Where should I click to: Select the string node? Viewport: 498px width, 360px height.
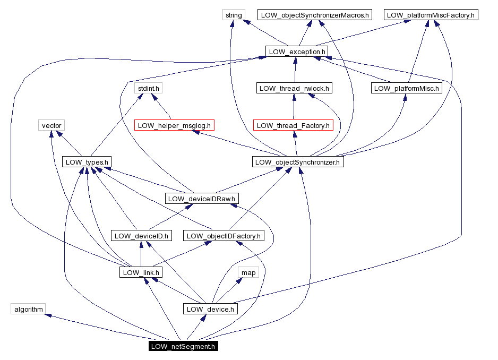(x=234, y=15)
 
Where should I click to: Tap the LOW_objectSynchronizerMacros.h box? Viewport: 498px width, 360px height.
(x=314, y=15)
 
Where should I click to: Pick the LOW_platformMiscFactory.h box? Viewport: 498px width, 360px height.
(x=431, y=15)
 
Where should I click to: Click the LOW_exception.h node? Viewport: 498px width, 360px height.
(x=296, y=52)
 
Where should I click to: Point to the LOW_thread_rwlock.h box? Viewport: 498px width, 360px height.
(x=294, y=88)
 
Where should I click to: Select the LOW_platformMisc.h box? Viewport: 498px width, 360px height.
(x=406, y=88)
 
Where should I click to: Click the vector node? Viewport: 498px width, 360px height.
(x=51, y=125)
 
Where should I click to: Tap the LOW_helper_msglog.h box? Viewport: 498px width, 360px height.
(x=175, y=125)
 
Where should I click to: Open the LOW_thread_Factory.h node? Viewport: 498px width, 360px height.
(x=293, y=125)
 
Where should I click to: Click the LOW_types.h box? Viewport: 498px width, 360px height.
(x=87, y=162)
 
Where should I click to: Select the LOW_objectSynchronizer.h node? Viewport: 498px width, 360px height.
(x=297, y=162)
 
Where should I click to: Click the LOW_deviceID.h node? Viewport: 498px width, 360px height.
(x=141, y=235)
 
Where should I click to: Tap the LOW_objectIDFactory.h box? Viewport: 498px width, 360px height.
(x=223, y=235)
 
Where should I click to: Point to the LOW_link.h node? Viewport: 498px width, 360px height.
(x=140, y=272)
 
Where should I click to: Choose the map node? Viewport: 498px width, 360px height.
(x=248, y=272)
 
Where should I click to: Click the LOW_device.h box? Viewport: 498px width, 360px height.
(x=210, y=309)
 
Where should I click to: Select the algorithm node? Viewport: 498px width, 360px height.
(x=28, y=309)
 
